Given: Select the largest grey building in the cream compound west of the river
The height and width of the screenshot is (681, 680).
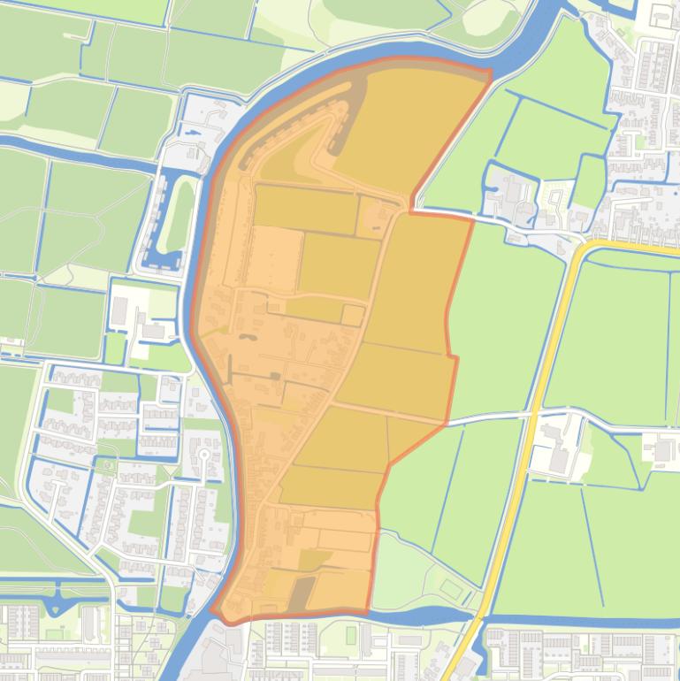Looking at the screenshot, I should click(119, 310).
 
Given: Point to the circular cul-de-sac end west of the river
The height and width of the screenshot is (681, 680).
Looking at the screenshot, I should click(204, 455).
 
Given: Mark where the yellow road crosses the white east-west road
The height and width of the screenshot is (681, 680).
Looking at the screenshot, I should click(533, 414).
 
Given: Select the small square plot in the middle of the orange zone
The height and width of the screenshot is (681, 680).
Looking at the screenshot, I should click(353, 315).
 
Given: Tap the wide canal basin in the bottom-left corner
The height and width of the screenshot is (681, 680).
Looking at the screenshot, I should click(53, 604).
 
